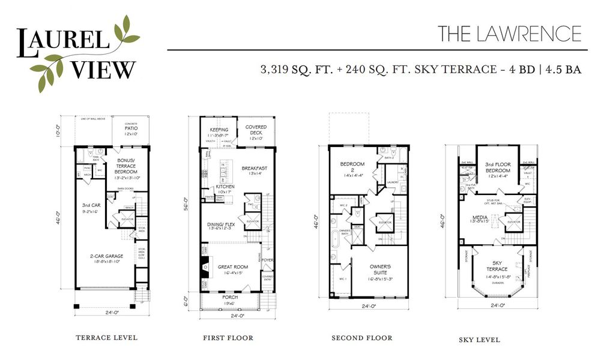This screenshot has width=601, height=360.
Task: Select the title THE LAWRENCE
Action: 509,33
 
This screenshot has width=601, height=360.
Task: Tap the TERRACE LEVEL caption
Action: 106,338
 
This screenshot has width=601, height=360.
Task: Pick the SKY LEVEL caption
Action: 480,340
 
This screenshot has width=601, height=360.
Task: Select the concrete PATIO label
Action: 131,131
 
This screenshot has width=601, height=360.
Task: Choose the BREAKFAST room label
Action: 255,170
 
